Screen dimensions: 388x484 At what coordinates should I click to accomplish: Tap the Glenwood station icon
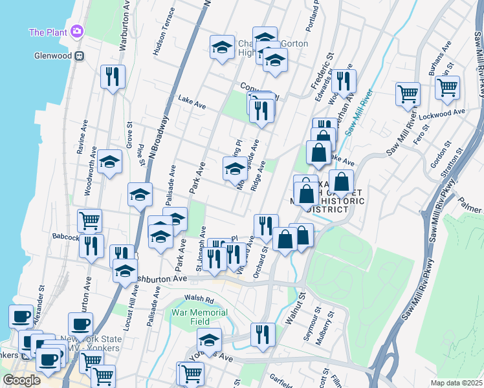(80, 56)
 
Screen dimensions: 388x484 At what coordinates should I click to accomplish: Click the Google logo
(22, 380)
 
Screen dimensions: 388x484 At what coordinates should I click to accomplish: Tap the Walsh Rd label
(199, 299)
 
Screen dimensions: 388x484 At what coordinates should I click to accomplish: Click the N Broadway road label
(158, 136)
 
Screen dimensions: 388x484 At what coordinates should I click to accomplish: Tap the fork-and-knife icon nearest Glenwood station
(113, 76)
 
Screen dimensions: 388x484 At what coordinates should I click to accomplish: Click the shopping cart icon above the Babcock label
(89, 221)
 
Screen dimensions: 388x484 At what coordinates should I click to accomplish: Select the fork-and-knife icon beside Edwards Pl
(343, 80)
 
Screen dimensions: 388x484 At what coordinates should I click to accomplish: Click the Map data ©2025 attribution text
(456, 383)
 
